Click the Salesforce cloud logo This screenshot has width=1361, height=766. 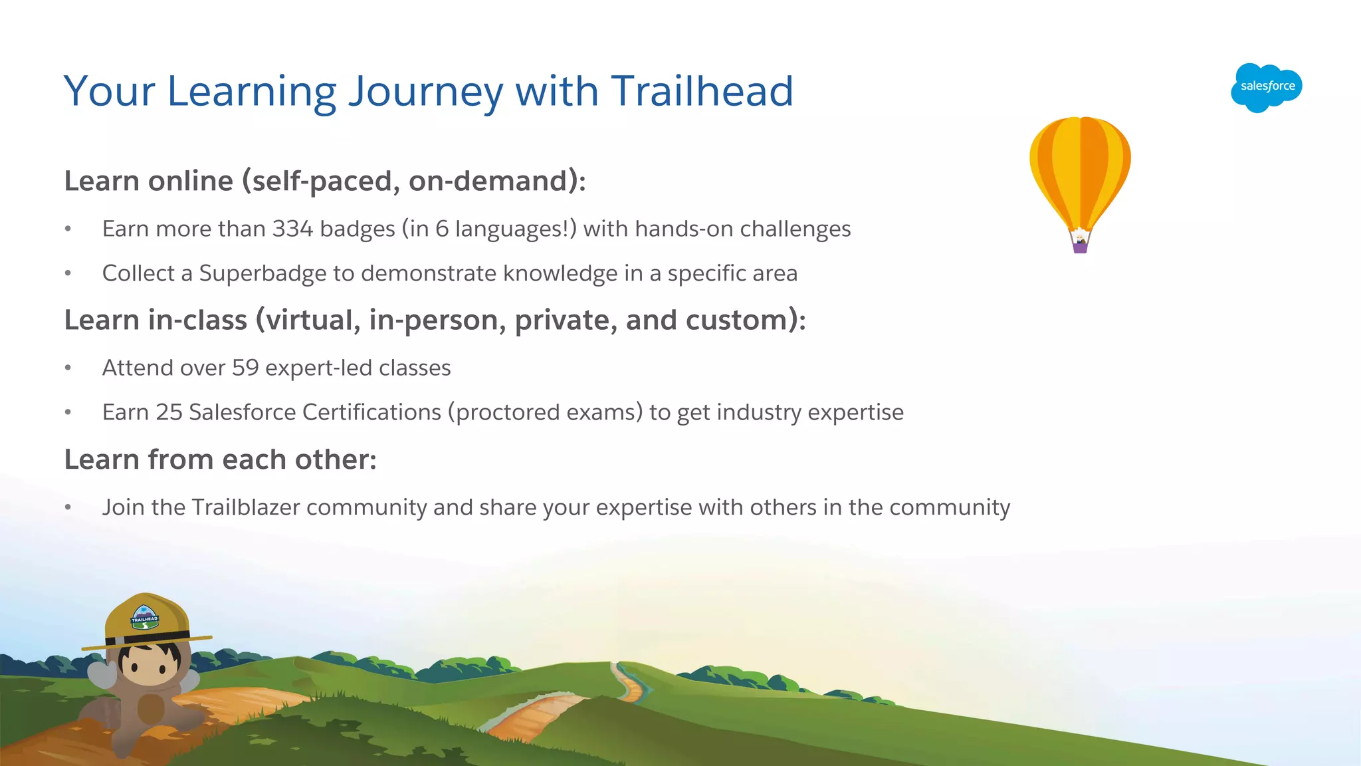pos(1266,87)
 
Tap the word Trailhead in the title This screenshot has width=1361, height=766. pos(702,91)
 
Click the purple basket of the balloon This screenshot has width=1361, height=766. pos(1080,247)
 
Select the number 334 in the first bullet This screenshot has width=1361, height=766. pos(292,229)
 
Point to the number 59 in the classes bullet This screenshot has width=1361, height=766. pos(245,368)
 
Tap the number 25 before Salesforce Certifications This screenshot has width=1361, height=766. pos(169,412)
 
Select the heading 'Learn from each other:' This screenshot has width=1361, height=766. pos(220,459)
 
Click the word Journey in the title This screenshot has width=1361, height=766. pos(425,91)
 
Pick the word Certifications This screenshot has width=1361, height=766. pos(371,412)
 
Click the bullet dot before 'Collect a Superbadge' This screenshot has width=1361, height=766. pos(68,273)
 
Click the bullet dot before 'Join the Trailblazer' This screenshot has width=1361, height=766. pos(68,507)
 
